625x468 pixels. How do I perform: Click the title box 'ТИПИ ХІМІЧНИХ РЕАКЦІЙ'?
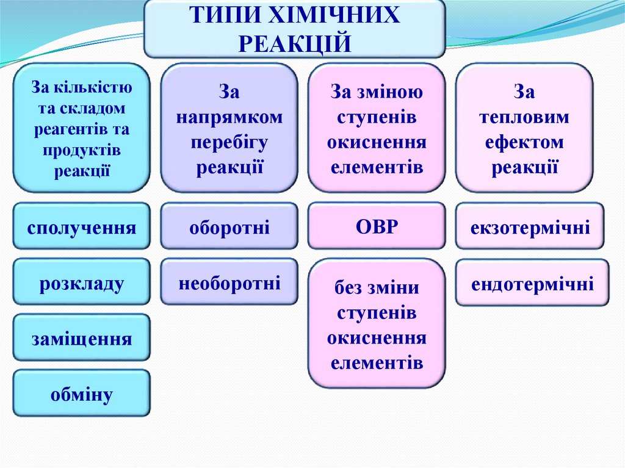294,28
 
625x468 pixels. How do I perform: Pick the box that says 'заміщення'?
81,337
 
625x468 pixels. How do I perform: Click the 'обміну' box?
81,394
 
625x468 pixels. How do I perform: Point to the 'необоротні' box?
229,282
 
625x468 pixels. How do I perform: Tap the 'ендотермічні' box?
532,283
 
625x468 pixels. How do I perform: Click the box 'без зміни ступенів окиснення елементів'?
377,324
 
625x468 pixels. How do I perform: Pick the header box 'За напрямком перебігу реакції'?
229,128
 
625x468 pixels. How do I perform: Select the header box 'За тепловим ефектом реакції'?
524,128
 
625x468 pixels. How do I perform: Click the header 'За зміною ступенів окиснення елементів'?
377,128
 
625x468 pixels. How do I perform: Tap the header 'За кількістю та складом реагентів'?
81,128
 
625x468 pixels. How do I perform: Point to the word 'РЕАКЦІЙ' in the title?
294,43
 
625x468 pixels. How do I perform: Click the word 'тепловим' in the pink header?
524,117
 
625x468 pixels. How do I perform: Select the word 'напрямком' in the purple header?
229,117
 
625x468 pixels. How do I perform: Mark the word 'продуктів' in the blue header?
81,150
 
